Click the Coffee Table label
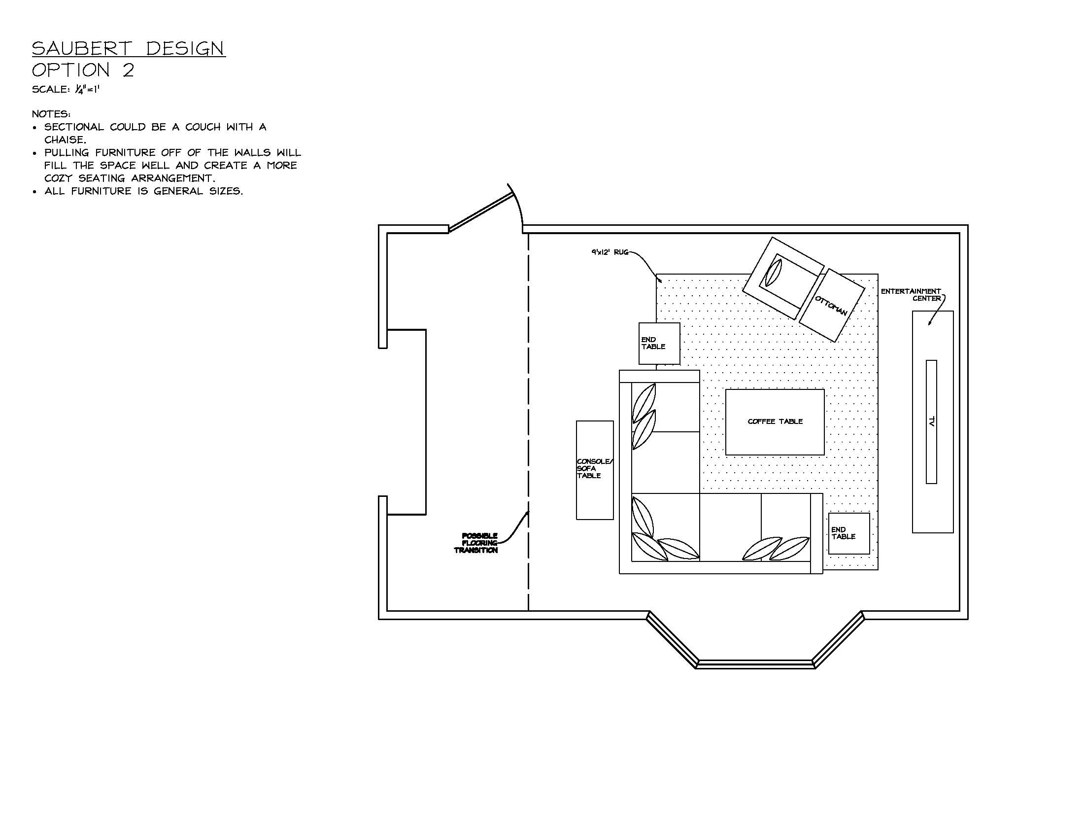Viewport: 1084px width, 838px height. pos(775,421)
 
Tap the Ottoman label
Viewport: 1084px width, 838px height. pos(831,305)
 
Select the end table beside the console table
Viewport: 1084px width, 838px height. pos(659,343)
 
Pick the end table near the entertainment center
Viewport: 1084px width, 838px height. pos(849,533)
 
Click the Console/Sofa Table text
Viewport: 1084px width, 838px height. pos(594,469)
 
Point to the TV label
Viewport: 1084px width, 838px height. pos(932,421)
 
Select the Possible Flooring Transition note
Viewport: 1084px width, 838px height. pos(477,543)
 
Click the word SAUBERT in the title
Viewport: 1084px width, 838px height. pos(82,49)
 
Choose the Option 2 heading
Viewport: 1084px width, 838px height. pos(83,70)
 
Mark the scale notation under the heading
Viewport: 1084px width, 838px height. pos(66,89)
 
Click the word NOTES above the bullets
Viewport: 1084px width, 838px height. pos(51,114)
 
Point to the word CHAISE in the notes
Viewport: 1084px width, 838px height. pos(65,140)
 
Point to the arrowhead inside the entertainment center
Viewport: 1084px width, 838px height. pos(930,323)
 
